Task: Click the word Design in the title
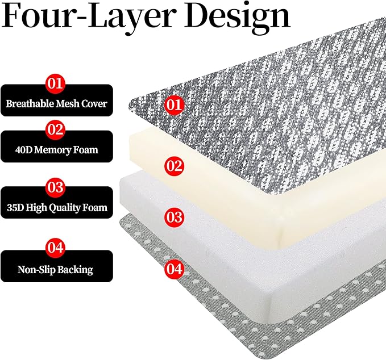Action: (x=237, y=16)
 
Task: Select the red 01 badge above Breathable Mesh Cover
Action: (x=55, y=83)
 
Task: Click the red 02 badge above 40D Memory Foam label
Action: (x=55, y=129)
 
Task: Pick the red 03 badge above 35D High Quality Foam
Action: (x=55, y=187)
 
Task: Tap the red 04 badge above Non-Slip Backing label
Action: (x=55, y=247)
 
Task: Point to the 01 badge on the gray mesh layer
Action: (x=175, y=104)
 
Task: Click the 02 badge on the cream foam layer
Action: (x=175, y=166)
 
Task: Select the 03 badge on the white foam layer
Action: (x=175, y=217)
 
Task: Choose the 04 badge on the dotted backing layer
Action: (x=175, y=269)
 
